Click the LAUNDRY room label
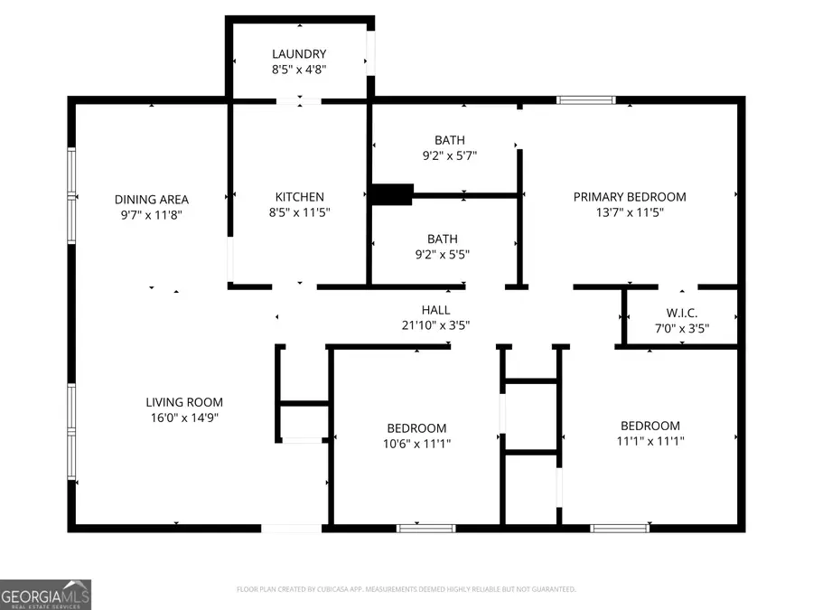tap(299, 54)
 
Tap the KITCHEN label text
tap(299, 197)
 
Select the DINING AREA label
tap(151, 200)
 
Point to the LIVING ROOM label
tap(184, 402)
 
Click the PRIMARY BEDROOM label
tap(630, 197)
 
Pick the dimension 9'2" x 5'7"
tap(449, 155)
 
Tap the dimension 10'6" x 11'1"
tap(416, 444)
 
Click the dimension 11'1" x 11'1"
tap(649, 441)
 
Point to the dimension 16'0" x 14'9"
tap(184, 418)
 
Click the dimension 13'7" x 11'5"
tap(630, 212)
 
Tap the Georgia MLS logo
tap(45, 595)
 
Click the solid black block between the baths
tap(391, 194)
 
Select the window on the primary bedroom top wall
tap(585, 100)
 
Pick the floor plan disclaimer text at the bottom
tap(406, 589)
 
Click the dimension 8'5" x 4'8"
tap(299, 70)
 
